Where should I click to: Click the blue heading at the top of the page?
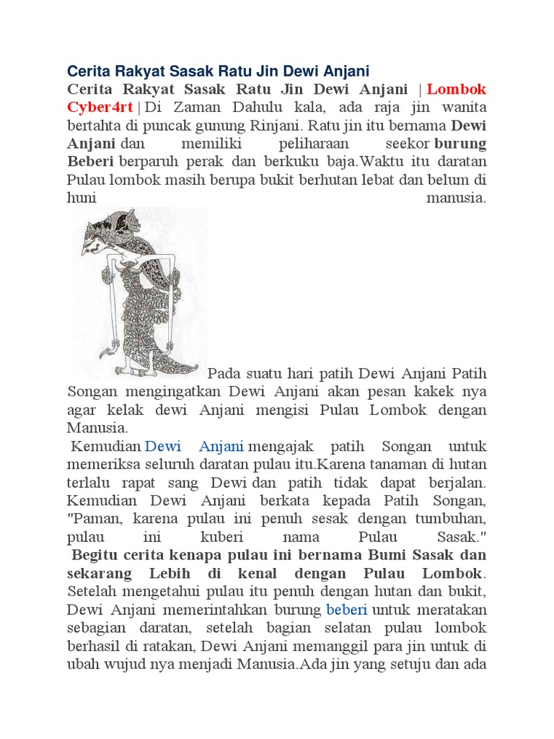pyautogui.click(x=218, y=71)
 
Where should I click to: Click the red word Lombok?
pyautogui.click(x=457, y=90)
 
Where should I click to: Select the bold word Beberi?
pyautogui.click(x=92, y=161)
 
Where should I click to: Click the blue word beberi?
pyautogui.click(x=347, y=608)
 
